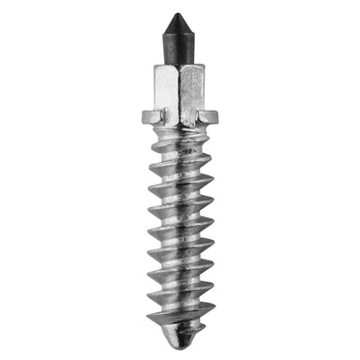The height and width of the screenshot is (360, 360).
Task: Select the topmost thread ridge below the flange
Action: pos(179,141)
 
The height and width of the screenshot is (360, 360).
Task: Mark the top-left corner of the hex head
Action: pos(153,67)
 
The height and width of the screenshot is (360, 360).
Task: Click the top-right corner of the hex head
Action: pos(203,67)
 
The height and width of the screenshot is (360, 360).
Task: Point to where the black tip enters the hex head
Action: pos(179,64)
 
